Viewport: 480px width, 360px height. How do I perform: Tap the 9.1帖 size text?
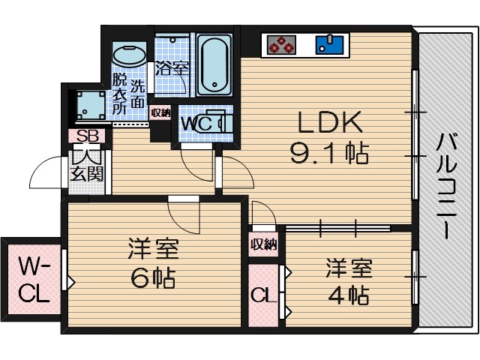[328, 154]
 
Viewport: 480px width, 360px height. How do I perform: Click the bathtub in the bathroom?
[215, 64]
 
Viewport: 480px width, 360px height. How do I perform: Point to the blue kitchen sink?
[327, 44]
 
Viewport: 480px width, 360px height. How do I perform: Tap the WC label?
[196, 123]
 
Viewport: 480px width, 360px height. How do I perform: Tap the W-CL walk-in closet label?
[34, 279]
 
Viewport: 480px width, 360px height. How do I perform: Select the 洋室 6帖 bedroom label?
[150, 262]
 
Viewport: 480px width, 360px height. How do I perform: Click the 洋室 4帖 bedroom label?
[347, 281]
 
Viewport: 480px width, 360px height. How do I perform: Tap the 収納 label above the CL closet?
[264, 243]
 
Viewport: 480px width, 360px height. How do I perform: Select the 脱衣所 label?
[120, 91]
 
